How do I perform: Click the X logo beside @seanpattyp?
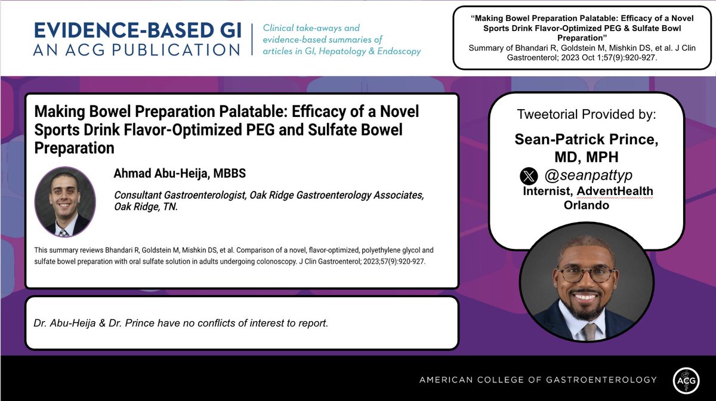pyautogui.click(x=529, y=177)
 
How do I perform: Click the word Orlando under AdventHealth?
pyautogui.click(x=586, y=205)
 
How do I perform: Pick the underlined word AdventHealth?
pyautogui.click(x=618, y=191)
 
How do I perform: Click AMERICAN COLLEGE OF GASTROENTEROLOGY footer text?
pyautogui.click(x=538, y=380)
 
